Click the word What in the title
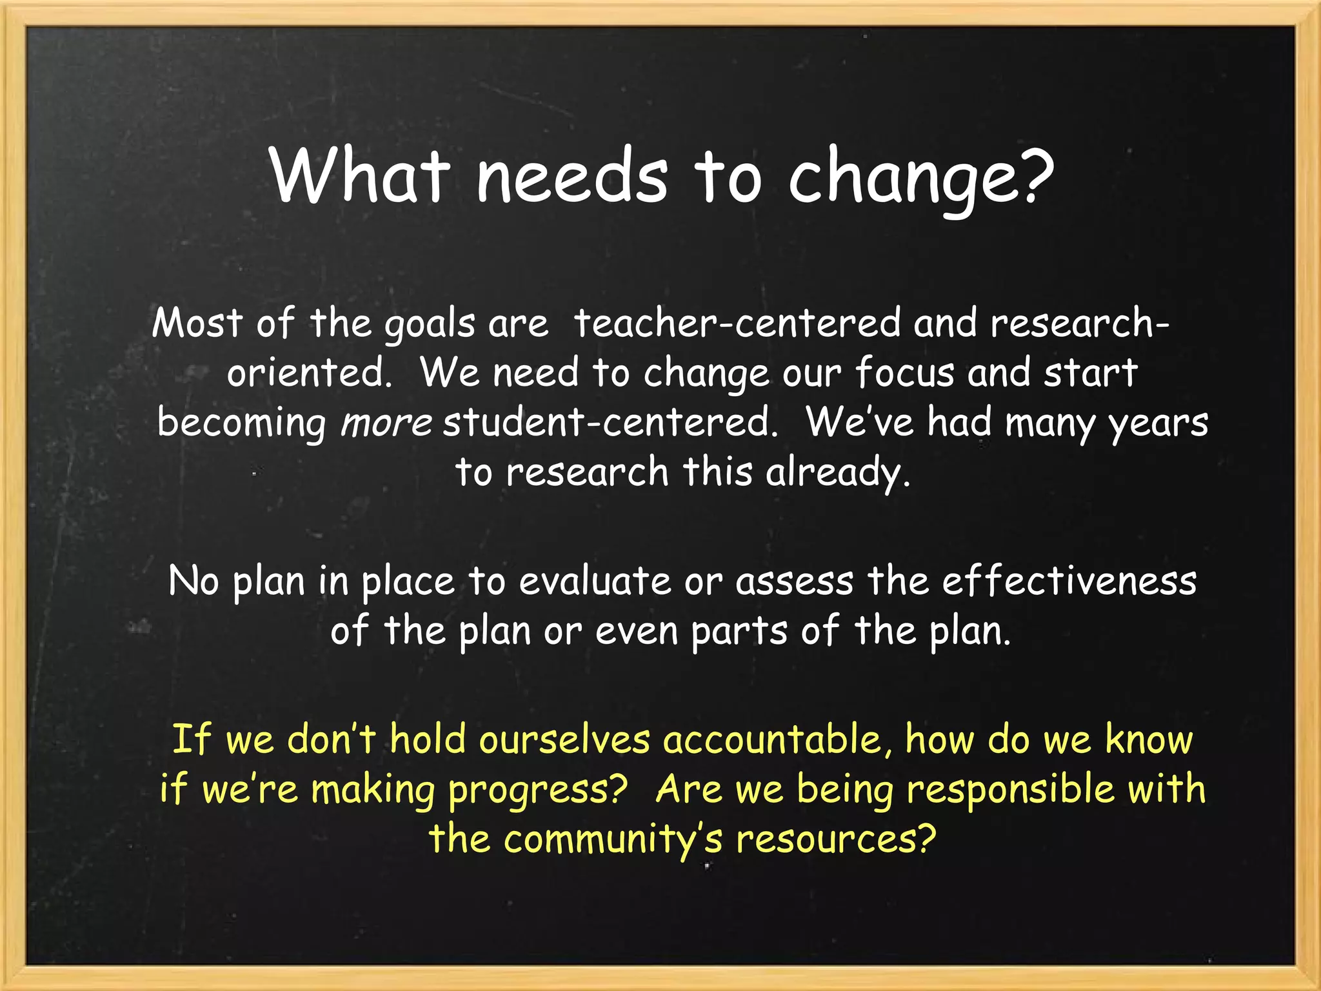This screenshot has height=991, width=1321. [x=360, y=175]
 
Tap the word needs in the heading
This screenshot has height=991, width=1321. [x=571, y=175]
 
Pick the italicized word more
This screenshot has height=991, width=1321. [x=386, y=423]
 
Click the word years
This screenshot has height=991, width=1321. [x=1158, y=423]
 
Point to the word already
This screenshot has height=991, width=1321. [x=837, y=472]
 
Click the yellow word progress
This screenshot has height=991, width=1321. [x=537, y=789]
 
